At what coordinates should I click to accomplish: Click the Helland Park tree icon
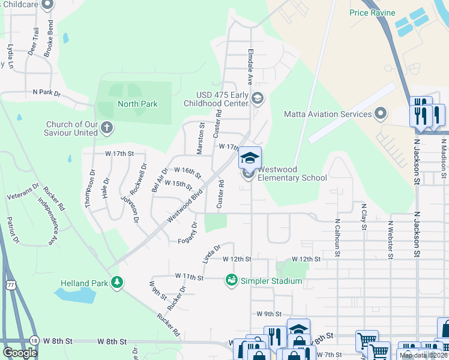pos(118,282)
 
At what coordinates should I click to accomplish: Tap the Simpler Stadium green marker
pos(231,280)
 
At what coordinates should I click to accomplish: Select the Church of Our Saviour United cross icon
pos(107,127)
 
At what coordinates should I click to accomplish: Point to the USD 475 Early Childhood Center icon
pos(258,98)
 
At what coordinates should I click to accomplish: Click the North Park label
pos(137,104)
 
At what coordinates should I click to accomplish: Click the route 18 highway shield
pos(34,341)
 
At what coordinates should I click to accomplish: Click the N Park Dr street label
pos(47,93)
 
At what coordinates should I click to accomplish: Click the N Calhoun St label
pos(337,238)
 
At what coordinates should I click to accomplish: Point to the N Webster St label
pos(390,239)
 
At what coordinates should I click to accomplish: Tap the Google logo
pos(20,352)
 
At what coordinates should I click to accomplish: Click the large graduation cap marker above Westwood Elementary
pos(250,158)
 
